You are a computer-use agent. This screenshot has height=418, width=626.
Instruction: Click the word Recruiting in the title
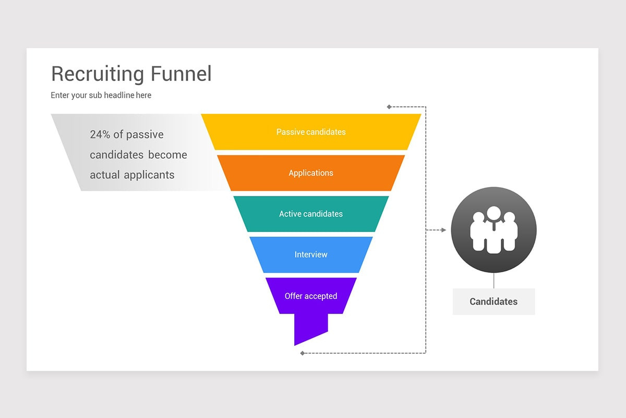click(x=98, y=74)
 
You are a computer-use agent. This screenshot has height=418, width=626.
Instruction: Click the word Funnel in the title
click(x=181, y=74)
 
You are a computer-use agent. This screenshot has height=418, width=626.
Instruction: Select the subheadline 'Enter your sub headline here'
click(x=101, y=95)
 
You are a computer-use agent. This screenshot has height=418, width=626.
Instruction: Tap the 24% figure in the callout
click(x=100, y=134)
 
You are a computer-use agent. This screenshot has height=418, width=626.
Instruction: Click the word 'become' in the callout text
click(x=167, y=155)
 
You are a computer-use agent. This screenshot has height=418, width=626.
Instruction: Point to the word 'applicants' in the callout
click(x=149, y=175)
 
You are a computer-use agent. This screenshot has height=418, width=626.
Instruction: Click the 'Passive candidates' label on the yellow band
click(x=311, y=132)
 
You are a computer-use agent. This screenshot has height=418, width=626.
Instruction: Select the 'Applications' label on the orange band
click(x=311, y=173)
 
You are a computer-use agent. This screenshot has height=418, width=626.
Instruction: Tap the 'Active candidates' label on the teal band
click(x=311, y=214)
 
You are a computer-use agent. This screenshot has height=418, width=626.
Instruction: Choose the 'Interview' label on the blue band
click(x=311, y=254)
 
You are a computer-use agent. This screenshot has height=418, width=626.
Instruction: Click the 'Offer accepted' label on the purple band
click(x=311, y=296)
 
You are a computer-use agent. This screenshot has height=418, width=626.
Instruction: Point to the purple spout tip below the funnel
click(x=295, y=345)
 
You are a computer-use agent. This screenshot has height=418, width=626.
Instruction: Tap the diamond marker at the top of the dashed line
click(x=389, y=107)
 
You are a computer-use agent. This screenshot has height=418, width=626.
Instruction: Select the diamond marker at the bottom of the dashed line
click(x=302, y=353)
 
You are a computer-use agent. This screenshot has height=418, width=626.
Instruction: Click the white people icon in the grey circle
click(x=493, y=229)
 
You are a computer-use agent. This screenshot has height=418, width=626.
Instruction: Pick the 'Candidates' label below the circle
click(x=493, y=301)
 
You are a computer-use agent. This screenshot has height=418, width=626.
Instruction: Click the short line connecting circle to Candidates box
click(x=494, y=281)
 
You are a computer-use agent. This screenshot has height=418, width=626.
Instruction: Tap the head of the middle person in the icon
click(x=494, y=213)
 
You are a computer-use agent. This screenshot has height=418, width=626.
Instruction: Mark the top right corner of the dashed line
click(x=426, y=107)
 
